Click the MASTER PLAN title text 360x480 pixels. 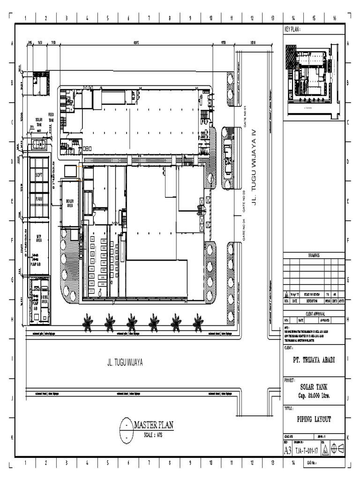154,425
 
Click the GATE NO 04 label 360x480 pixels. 244,229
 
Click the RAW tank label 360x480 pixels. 39,199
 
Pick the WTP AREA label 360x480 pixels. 39,238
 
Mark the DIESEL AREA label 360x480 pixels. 45,300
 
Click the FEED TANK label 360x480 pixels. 51,117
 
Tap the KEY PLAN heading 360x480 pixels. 292,30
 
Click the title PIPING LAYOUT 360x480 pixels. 314,420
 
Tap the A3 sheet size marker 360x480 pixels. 288,450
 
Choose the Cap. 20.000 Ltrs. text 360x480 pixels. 314,395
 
